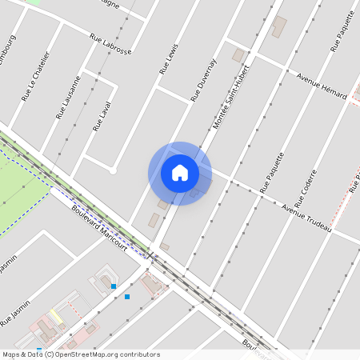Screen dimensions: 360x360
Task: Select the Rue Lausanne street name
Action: click(68, 97)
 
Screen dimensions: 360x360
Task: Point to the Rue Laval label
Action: click(102, 115)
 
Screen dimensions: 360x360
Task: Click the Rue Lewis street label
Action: click(168, 59)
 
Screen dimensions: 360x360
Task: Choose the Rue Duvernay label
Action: click(203, 81)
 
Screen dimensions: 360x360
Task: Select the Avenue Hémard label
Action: click(321, 88)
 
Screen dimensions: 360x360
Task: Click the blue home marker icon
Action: click(180, 173)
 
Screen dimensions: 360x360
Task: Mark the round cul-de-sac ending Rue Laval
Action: click(113, 170)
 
